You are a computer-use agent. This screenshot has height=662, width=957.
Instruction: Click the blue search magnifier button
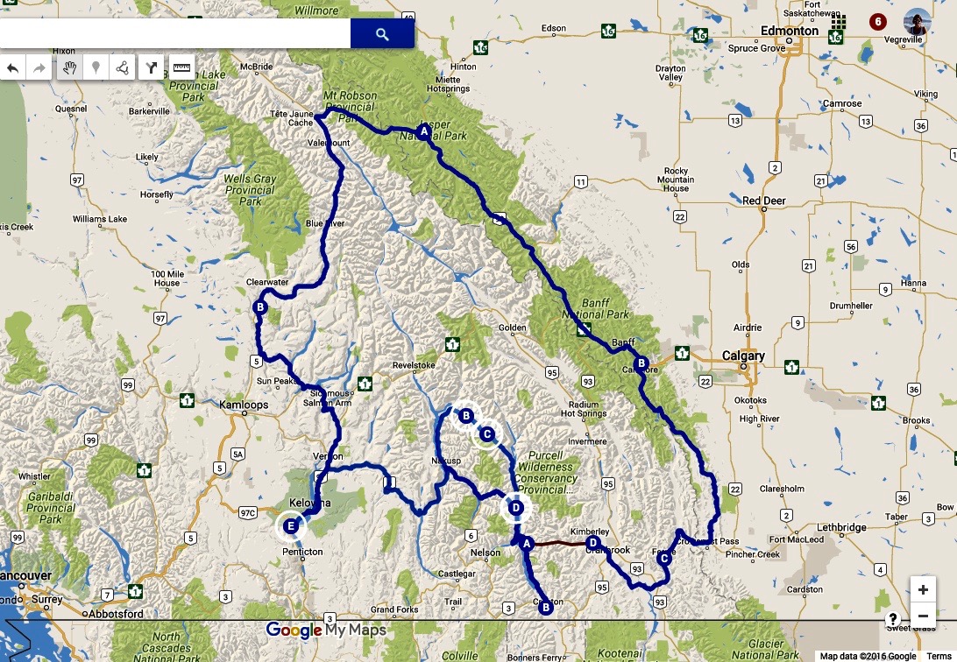pyautogui.click(x=381, y=34)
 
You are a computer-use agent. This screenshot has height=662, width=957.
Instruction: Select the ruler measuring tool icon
pyautogui.click(x=181, y=67)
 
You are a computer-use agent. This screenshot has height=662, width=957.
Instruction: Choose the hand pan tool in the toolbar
pyautogui.click(x=70, y=67)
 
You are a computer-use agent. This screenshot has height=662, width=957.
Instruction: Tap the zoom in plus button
pyautogui.click(x=923, y=589)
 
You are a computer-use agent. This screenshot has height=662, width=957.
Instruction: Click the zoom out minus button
pyautogui.click(x=923, y=617)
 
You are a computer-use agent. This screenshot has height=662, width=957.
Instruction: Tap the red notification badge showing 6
pyautogui.click(x=877, y=21)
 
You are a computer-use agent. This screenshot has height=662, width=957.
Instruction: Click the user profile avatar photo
pyautogui.click(x=917, y=22)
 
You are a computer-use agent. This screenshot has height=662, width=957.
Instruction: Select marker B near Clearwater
pyautogui.click(x=259, y=308)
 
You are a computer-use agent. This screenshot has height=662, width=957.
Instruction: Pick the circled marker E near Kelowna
pyautogui.click(x=292, y=526)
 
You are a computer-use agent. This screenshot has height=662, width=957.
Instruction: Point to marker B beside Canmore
pyautogui.click(x=641, y=363)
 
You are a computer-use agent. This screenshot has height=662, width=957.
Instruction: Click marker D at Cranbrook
pyautogui.click(x=592, y=543)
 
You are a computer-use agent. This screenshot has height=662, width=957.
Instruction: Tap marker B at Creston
pyautogui.click(x=545, y=607)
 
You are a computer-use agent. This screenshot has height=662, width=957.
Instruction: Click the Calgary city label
pyautogui.click(x=743, y=356)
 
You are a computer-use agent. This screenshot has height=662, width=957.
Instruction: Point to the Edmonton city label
pyautogui.click(x=790, y=31)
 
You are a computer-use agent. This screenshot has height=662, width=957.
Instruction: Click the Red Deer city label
pyautogui.click(x=763, y=201)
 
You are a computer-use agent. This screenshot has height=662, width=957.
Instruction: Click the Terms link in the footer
pyautogui.click(x=938, y=656)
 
